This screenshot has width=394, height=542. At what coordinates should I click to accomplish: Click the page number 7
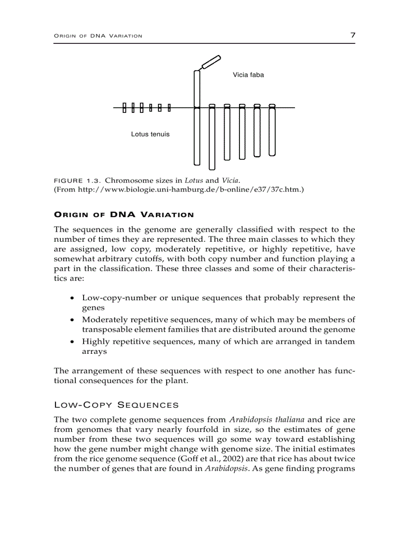coord(352,35)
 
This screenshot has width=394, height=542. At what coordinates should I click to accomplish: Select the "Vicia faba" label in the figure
coord(248,75)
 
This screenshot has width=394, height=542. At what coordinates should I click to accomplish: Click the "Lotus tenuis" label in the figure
coord(150,134)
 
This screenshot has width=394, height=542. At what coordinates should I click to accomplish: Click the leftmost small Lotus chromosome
coord(124,108)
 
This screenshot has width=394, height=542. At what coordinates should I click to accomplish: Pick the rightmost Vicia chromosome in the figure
coord(272,130)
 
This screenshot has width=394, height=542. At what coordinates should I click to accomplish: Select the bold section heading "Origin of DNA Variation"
coord(124,215)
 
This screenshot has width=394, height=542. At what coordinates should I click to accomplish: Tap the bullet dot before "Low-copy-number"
coord(72,298)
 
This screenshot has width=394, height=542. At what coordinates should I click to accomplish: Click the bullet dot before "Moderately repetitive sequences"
coord(72,320)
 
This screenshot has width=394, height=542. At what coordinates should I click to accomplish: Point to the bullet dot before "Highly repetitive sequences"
coord(72,342)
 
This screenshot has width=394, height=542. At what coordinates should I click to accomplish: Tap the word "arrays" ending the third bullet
coord(94,352)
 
